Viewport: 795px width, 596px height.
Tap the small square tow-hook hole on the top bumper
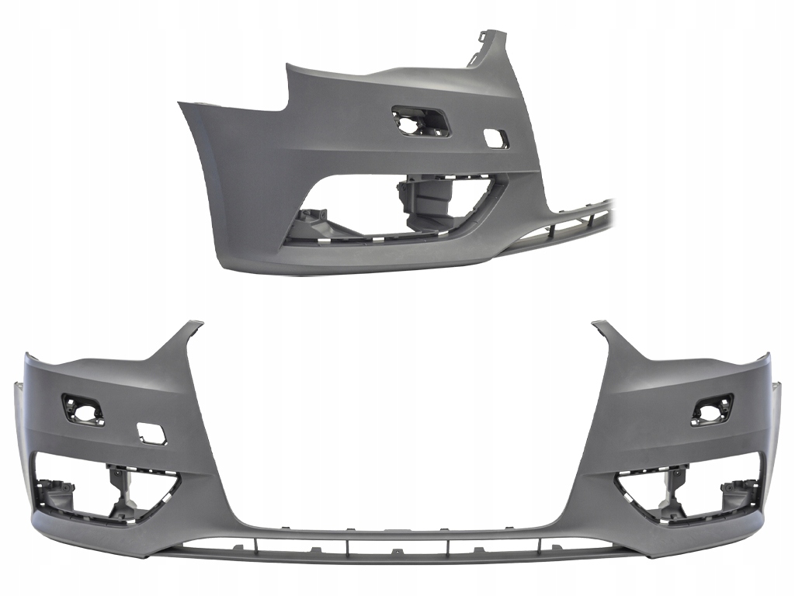point(495,139)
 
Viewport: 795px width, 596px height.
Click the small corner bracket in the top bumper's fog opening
point(314,220)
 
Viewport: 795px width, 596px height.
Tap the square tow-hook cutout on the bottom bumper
point(148,431)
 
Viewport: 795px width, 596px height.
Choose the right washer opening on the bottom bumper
point(712,409)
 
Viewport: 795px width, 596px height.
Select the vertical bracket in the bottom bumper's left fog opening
point(120,489)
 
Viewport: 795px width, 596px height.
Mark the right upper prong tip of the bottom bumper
point(600,324)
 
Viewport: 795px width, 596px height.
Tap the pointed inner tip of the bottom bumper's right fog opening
point(616,481)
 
